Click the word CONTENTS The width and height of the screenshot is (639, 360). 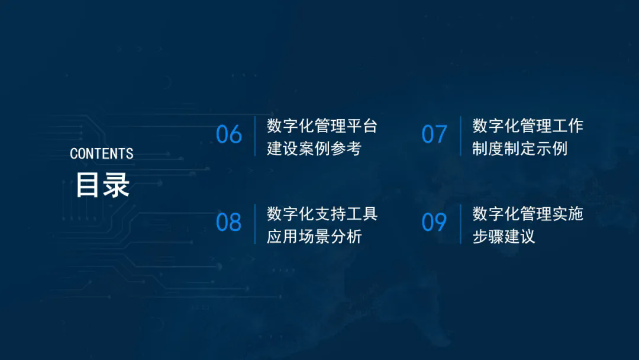102,154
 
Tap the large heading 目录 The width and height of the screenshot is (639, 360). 103,185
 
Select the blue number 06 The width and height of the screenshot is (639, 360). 228,134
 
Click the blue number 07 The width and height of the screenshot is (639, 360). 434,134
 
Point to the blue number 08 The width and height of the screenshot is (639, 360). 228,223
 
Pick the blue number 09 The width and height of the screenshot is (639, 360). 434,223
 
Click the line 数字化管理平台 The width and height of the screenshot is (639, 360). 322,126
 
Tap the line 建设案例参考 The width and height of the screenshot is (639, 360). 314,149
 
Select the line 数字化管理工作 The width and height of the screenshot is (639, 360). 528,126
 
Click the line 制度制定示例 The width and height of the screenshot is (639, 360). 520,149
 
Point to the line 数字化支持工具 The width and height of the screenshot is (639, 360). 322,214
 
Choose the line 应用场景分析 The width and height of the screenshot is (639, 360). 314,236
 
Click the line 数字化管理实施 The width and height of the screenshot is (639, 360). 528,214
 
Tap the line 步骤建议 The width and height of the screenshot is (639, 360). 504,236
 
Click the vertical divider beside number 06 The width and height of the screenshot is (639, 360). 255,136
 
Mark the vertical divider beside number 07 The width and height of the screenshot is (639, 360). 461,136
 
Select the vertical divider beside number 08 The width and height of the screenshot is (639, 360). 255,224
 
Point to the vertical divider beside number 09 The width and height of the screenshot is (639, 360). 461,224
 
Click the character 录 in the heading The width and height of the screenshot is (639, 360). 117,185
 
